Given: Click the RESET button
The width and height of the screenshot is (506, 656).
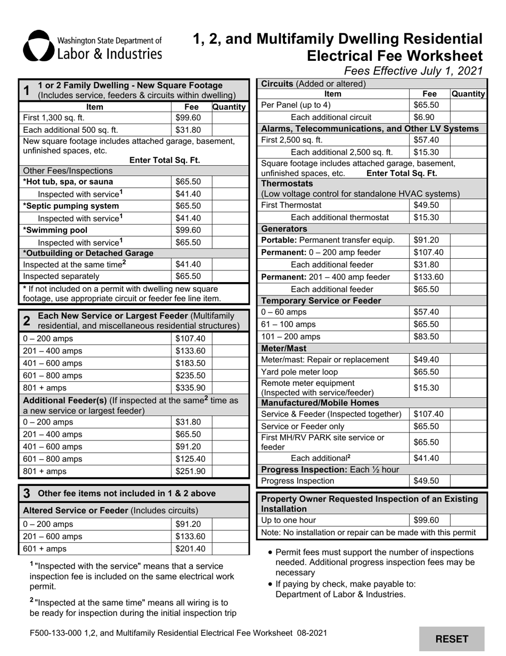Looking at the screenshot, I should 452,639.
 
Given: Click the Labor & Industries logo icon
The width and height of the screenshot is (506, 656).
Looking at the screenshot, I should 38,46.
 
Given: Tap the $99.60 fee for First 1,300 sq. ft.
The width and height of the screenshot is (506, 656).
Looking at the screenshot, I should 188,118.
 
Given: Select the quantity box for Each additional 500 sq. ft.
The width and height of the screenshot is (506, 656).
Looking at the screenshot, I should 230,130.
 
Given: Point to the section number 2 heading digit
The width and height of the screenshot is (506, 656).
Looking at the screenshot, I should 27,321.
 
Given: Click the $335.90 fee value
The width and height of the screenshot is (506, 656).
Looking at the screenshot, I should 190,388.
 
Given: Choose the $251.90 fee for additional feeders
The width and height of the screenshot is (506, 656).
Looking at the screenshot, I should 190,471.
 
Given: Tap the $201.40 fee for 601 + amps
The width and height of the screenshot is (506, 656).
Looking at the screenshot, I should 190,548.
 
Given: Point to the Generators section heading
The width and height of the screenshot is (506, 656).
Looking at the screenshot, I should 282,228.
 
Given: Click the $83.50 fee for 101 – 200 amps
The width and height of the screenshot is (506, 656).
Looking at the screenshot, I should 426,337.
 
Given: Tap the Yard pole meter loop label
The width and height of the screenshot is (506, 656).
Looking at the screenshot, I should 299,372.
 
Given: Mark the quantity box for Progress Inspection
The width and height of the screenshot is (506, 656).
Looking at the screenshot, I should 468,481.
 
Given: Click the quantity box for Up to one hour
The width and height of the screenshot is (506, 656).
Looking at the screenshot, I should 468,520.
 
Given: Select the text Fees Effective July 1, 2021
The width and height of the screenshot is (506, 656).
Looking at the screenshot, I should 413,70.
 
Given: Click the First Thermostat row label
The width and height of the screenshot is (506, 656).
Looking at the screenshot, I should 291,205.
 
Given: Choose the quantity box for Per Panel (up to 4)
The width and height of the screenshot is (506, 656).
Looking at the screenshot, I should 468,105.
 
